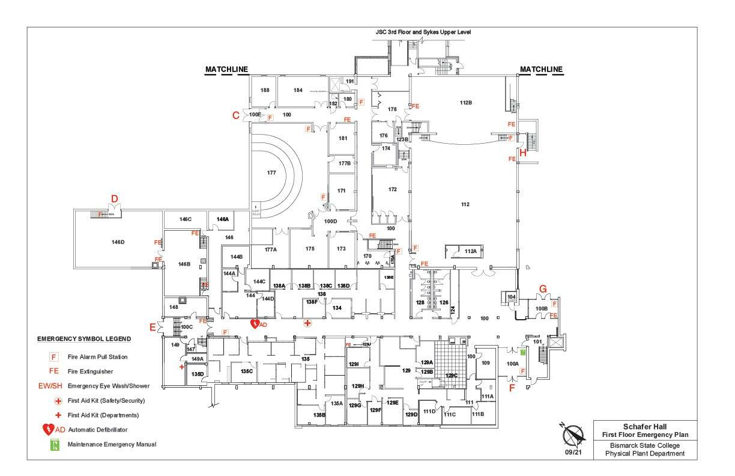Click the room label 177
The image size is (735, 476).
(271, 172)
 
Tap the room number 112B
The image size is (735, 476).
(466, 103)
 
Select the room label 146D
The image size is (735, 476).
(118, 242)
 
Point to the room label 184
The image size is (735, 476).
(298, 90)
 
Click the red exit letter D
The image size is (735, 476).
(114, 198)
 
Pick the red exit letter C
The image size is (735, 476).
(236, 115)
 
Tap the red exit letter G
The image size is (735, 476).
(543, 289)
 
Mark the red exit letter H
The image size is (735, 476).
(522, 153)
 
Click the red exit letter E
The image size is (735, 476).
(153, 327)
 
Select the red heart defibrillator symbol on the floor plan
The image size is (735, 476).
(256, 323)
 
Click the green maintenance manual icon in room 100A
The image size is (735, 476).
(523, 353)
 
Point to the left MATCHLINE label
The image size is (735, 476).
(226, 69)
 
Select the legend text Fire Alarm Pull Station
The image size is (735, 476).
(97, 357)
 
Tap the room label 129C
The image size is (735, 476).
(451, 375)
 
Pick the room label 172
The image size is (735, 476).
(392, 189)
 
